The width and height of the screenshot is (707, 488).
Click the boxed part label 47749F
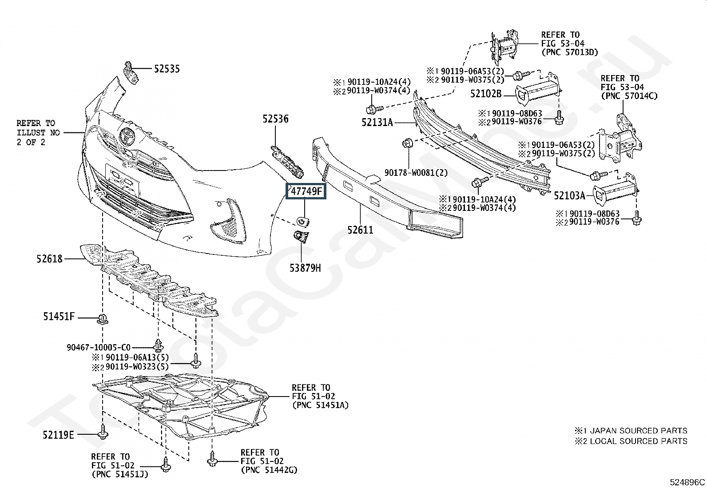click(x=306, y=191)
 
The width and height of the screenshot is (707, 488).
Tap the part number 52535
click(x=167, y=69)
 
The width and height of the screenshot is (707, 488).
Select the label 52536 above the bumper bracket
click(x=275, y=119)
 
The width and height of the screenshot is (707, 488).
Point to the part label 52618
click(x=50, y=259)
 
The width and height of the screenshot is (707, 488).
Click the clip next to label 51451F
click(x=103, y=319)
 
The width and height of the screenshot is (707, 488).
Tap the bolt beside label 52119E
click(x=103, y=432)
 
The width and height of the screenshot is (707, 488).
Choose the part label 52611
click(x=361, y=230)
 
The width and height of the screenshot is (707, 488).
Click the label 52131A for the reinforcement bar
click(x=377, y=122)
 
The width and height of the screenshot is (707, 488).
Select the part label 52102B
click(x=486, y=94)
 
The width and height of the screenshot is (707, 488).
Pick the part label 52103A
click(x=570, y=196)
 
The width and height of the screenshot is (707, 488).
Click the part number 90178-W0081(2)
click(x=416, y=173)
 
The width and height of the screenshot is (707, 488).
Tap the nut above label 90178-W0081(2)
click(x=408, y=143)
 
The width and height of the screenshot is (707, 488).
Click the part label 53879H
click(x=305, y=268)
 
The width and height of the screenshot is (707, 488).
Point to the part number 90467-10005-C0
click(x=99, y=348)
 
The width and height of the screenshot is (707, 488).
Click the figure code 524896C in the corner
click(x=687, y=482)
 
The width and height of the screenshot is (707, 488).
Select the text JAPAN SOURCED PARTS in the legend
click(x=639, y=431)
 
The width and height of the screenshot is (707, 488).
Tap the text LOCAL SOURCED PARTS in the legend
click(x=639, y=441)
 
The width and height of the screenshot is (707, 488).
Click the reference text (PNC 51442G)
click(x=269, y=470)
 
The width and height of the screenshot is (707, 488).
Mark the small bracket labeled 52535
click(x=131, y=73)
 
